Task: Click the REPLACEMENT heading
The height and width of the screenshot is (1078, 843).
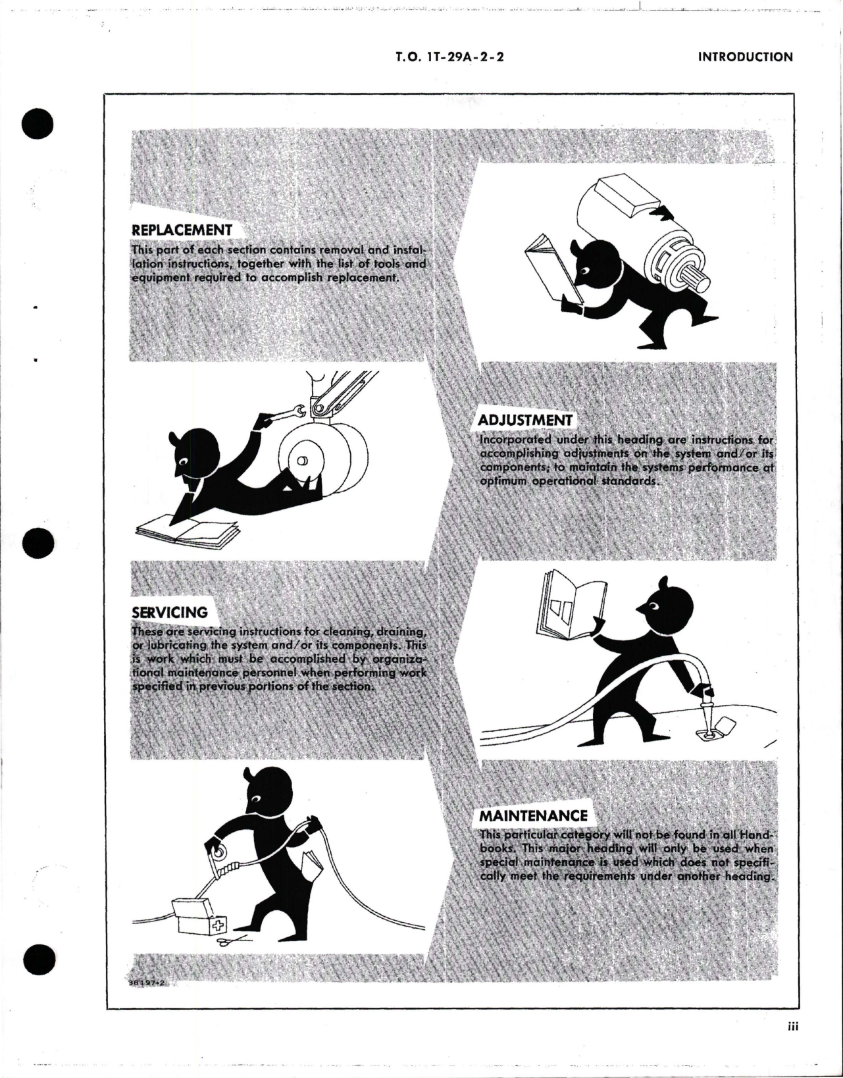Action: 182,230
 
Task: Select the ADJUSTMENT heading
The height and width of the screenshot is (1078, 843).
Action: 524,421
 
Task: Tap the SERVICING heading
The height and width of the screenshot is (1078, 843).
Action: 170,612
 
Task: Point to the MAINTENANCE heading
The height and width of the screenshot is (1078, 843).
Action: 532,816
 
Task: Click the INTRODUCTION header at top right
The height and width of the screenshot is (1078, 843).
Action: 745,57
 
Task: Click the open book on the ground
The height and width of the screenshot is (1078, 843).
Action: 181,531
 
